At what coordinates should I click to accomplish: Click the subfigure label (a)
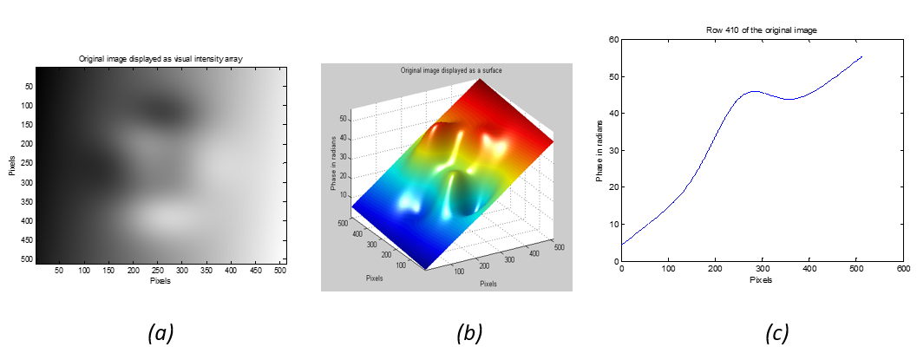[161, 331]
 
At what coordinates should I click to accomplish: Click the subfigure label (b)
[469, 331]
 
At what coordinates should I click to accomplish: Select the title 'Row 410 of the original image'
[762, 30]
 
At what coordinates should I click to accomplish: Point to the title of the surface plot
[451, 69]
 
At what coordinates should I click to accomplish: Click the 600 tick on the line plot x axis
[902, 269]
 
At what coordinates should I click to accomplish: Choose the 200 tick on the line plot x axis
[715, 269]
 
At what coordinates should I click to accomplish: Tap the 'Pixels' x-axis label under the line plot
[761, 279]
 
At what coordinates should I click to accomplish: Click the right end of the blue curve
[861, 56]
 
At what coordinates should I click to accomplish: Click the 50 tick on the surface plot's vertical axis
[344, 115]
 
